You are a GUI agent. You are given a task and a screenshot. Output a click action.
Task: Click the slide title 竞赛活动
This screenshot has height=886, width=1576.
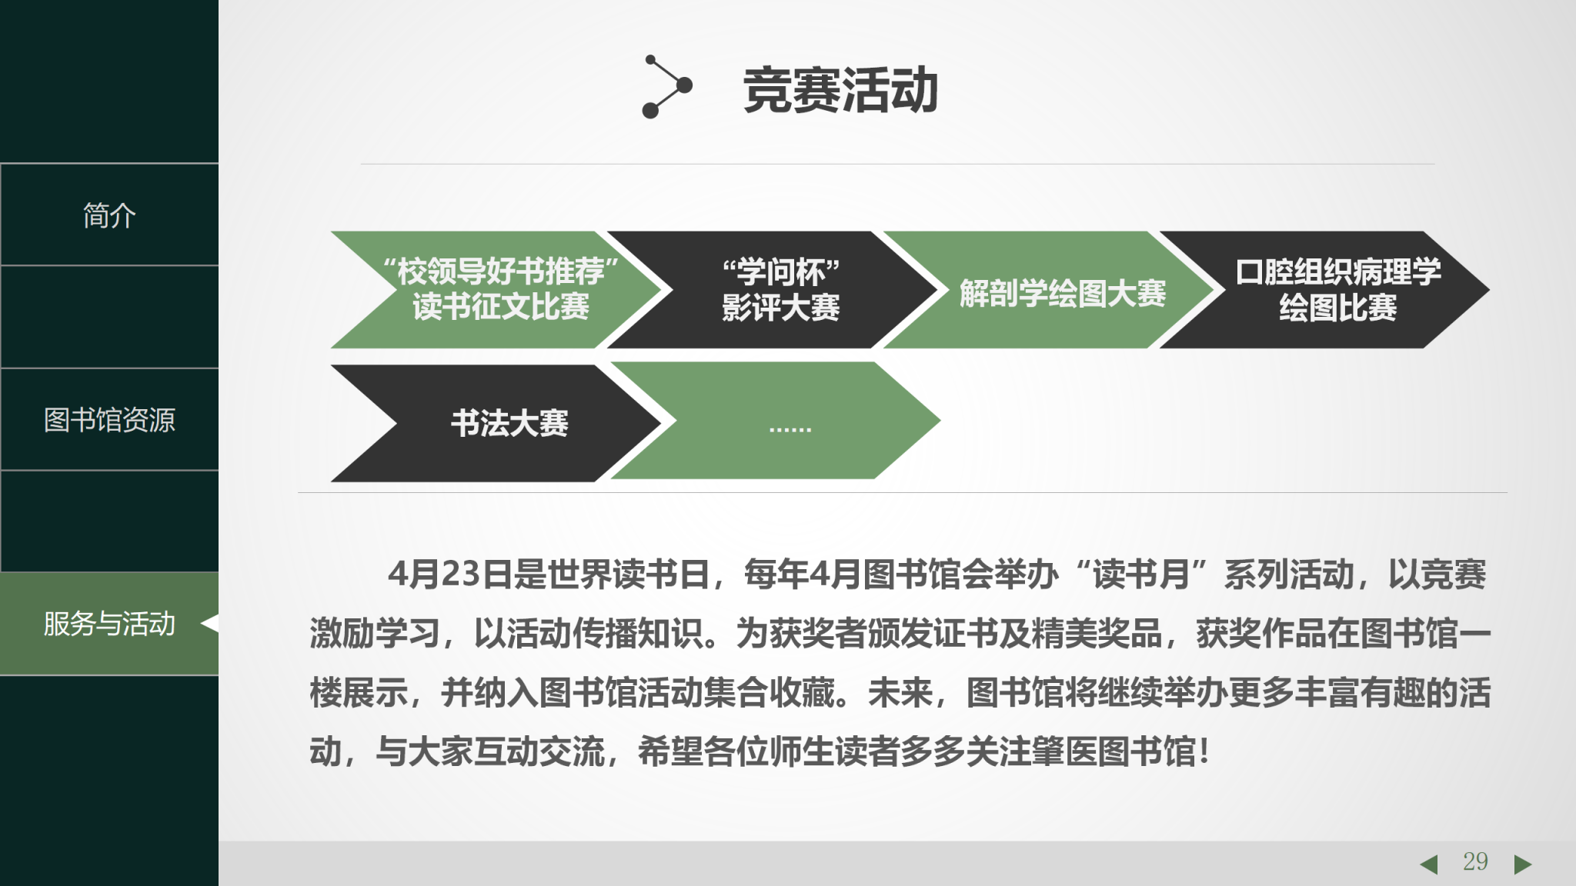click(840, 91)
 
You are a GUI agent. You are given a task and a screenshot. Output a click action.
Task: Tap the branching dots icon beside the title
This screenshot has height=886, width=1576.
click(666, 86)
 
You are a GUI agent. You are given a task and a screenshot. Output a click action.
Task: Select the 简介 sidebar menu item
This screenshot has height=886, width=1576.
click(109, 215)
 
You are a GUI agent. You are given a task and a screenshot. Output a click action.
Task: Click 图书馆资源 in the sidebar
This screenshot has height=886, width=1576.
click(109, 420)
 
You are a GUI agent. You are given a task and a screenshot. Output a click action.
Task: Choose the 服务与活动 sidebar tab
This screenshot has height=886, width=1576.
click(109, 624)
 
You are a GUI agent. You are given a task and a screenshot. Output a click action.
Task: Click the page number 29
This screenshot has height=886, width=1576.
click(1475, 861)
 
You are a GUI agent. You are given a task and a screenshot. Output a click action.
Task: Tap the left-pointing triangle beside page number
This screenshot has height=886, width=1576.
click(1429, 864)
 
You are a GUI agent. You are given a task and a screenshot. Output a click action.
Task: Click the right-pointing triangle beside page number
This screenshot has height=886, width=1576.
click(1522, 864)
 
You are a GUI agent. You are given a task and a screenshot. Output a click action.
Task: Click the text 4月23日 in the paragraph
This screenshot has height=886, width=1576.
click(450, 575)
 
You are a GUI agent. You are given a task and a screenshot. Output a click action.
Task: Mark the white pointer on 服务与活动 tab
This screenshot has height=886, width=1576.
click(210, 623)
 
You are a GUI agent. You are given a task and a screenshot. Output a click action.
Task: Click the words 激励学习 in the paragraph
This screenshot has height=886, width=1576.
click(375, 634)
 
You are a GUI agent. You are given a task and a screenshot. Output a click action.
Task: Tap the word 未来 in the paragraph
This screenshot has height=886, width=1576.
click(901, 693)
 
